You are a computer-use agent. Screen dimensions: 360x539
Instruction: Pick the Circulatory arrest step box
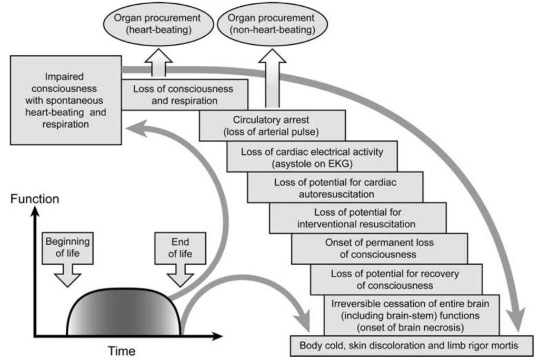pyautogui.click(x=272, y=124)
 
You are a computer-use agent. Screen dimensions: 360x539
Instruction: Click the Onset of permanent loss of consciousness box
pyautogui.click(x=379, y=249)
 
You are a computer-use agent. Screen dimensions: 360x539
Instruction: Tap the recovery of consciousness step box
pyautogui.click(x=396, y=279)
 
